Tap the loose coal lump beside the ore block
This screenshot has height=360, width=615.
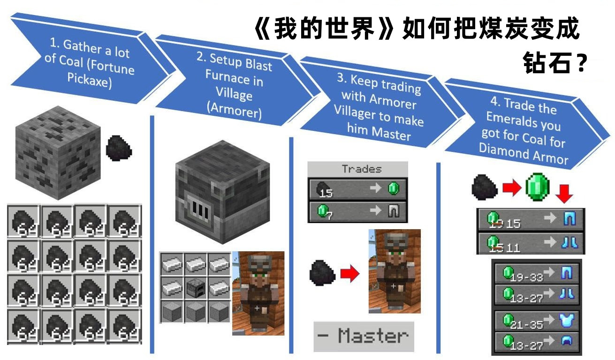point(120,148)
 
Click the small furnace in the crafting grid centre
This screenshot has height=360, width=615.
point(196,287)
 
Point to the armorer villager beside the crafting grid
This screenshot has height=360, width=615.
point(258,293)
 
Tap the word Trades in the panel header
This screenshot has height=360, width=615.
point(361,169)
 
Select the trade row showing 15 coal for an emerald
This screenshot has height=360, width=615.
point(357,189)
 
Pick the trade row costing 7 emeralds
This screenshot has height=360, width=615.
point(357,212)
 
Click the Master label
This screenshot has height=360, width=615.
point(364,336)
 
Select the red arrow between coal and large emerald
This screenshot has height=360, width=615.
point(511,188)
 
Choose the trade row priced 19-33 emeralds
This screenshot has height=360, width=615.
point(537,274)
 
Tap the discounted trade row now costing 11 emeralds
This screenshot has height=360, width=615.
point(531,244)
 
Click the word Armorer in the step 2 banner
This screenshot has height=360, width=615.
point(234,112)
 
